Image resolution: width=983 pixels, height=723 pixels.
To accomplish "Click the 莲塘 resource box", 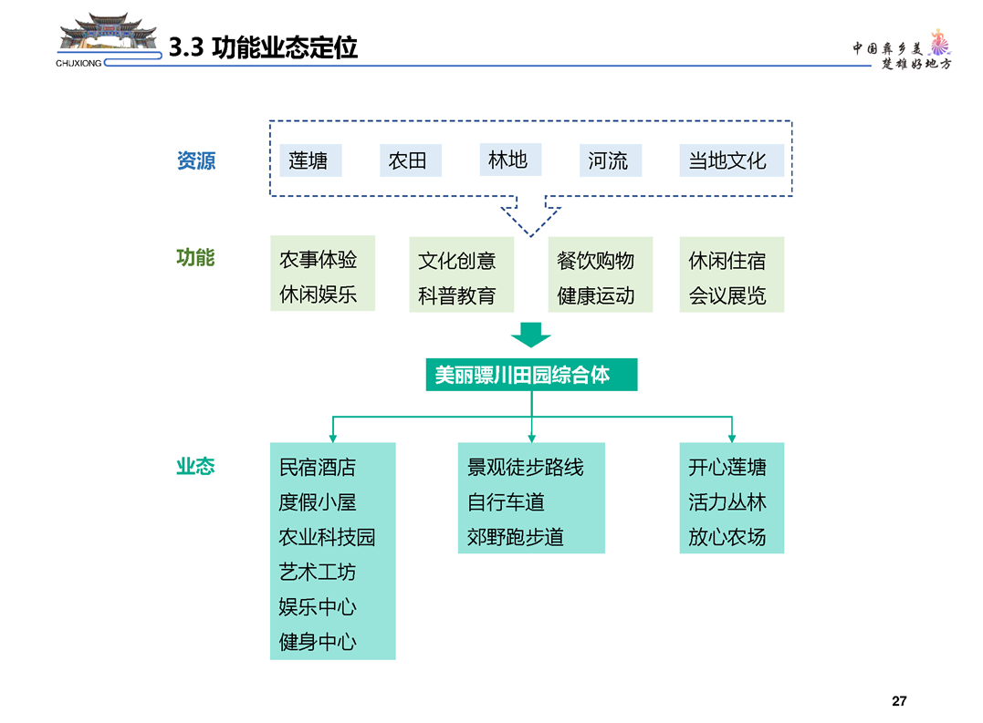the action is click(310, 160).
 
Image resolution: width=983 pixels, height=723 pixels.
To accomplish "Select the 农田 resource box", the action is click(411, 160).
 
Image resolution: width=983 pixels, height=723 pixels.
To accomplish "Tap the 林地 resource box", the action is click(510, 160).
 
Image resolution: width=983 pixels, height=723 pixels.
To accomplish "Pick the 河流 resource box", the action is click(611, 160).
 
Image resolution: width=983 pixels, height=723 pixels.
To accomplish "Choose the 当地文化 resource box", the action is click(732, 160).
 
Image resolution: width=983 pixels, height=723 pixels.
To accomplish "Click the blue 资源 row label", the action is click(196, 160).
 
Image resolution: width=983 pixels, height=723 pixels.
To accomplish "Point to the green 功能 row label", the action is click(195, 257).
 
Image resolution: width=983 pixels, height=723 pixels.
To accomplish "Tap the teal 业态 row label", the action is click(195, 467).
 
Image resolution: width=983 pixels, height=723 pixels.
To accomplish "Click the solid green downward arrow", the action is click(531, 335).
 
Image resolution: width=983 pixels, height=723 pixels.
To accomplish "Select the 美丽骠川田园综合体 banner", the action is click(531, 375).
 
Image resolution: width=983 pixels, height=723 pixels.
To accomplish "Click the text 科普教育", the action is click(457, 295).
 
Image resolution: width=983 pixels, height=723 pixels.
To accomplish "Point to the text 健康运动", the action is click(596, 295).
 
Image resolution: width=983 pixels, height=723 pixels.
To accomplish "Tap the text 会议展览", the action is click(727, 295).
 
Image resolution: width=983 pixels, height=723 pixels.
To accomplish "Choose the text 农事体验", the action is click(319, 259).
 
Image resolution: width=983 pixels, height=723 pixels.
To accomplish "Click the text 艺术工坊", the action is click(318, 573).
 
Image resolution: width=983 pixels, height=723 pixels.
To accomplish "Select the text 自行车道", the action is click(506, 502).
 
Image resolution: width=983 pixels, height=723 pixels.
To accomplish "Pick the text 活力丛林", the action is click(727, 502).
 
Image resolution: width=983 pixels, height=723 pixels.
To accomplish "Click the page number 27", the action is click(899, 701).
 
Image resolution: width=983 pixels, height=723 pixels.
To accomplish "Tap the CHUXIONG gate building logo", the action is click(108, 39).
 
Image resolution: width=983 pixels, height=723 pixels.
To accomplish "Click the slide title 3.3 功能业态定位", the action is click(263, 47).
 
